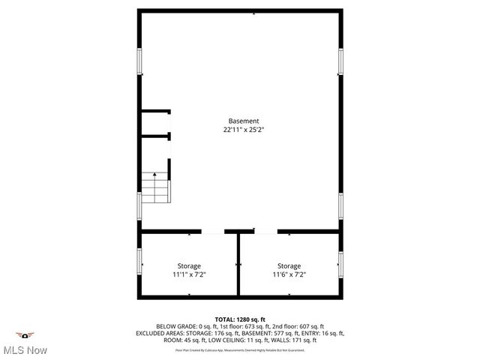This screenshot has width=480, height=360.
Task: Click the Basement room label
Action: (244, 121)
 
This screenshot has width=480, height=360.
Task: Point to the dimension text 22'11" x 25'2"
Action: (244, 130)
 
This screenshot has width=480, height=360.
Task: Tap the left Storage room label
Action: (189, 265)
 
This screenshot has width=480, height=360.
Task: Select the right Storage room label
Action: (289, 265)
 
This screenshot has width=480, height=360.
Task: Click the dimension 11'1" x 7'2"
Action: (189, 274)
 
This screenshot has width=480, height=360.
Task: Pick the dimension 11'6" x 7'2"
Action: (289, 274)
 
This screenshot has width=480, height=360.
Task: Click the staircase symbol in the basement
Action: (156, 187)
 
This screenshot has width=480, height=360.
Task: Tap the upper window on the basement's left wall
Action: (139, 61)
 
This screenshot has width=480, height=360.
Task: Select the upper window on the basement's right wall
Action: (340, 61)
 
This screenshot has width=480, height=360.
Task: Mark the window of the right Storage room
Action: (340, 264)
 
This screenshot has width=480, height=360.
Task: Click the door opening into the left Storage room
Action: (213, 232)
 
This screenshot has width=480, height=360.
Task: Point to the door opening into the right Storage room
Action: (266, 232)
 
